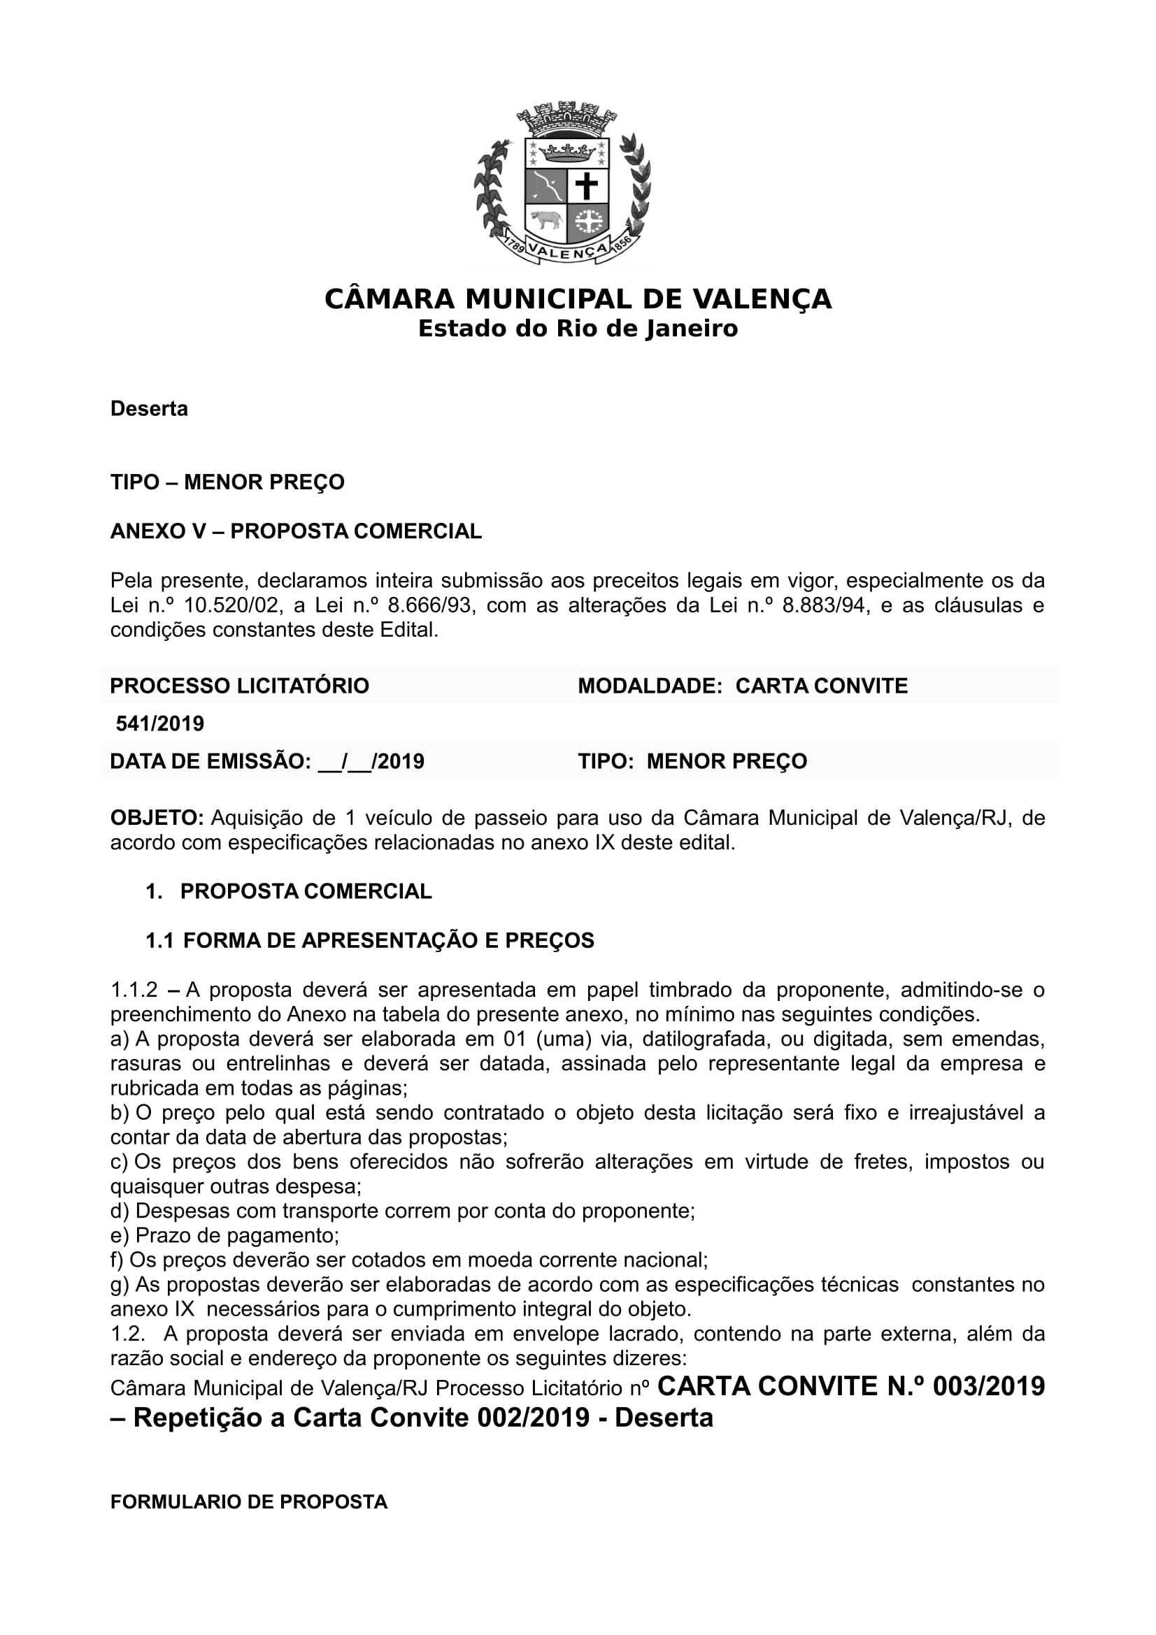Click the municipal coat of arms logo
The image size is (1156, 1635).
562,183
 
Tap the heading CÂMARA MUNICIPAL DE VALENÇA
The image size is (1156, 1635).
578,299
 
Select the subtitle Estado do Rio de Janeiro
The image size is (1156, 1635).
578,329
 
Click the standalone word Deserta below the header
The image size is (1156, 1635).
149,409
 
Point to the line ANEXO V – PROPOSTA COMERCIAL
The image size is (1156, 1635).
296,531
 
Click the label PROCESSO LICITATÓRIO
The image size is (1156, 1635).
239,686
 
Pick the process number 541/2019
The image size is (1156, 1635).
160,723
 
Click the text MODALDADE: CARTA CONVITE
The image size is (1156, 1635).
742,686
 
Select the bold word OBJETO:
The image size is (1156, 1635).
157,818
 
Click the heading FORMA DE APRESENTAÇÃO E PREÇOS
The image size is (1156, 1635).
388,941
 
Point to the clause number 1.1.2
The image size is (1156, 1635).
133,990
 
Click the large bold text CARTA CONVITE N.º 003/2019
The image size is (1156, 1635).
850,1385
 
